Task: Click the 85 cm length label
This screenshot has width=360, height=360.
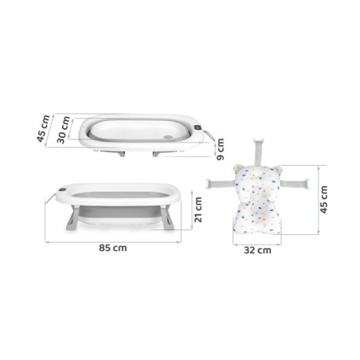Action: pos(113,248)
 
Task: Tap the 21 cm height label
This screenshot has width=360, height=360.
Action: pos(198,209)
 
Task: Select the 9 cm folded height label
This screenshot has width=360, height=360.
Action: pos(221,149)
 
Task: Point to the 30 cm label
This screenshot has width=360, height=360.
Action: pos(64,130)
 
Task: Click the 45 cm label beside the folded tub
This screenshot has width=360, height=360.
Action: pos(43,128)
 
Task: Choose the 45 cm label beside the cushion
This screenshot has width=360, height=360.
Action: pos(323,199)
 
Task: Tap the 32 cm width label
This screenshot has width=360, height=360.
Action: pos(257,250)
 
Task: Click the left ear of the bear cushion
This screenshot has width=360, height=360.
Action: pos(238,168)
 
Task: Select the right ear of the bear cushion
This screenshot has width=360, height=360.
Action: pos(277,169)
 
